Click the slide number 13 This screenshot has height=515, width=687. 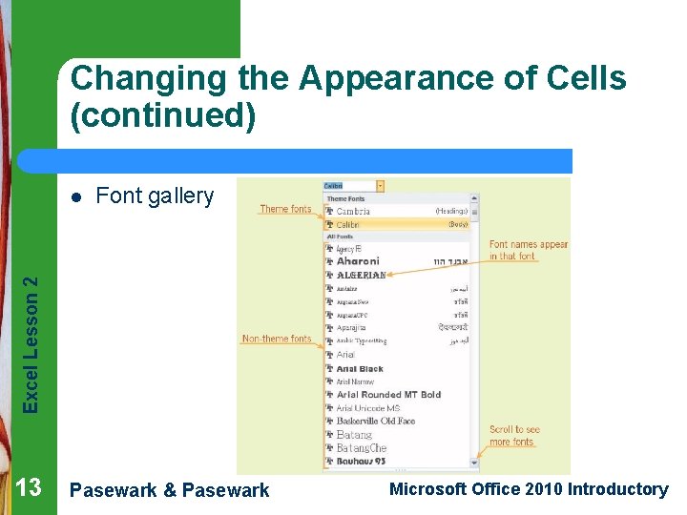29,488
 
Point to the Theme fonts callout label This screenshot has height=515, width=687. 285,209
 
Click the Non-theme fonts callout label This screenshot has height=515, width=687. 277,339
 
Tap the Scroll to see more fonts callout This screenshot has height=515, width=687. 514,436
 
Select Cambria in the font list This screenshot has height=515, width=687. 353,212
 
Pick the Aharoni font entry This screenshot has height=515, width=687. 358,261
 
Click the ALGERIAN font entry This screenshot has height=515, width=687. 361,275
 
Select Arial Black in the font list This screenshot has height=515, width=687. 360,368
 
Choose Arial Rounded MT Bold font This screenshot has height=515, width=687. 388,395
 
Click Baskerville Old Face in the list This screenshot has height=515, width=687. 376,421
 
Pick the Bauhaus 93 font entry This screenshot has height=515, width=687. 361,461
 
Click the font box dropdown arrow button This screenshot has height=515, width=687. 380,186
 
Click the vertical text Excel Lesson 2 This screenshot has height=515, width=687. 31,343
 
